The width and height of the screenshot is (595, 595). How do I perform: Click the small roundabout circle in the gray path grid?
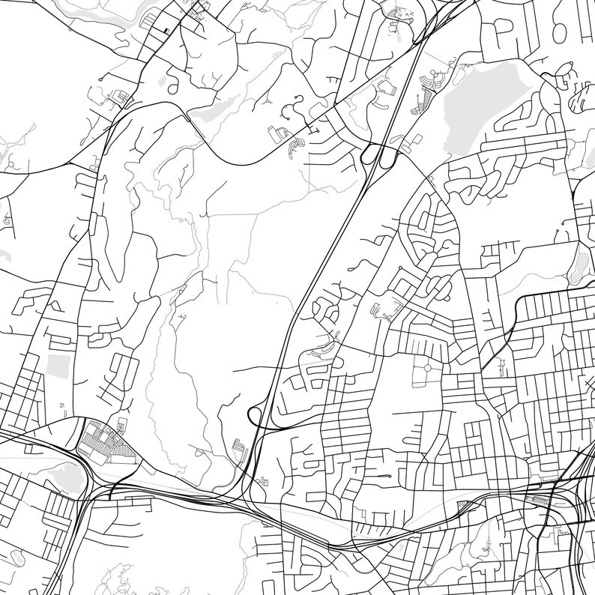(426, 368)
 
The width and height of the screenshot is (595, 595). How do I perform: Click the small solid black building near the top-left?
(167, 29)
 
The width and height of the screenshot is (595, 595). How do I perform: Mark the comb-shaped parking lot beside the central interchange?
(239, 447)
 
